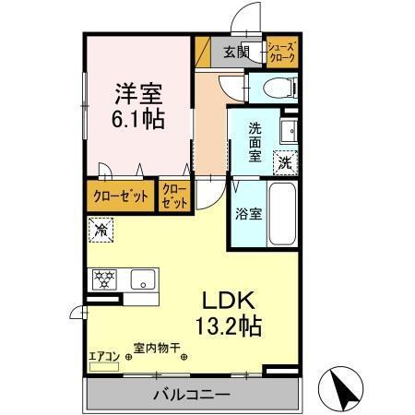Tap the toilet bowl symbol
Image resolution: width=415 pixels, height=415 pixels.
point(277,89)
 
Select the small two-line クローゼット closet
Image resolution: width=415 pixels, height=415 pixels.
point(174,196)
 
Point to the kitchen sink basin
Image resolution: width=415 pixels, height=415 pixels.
point(143,279)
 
